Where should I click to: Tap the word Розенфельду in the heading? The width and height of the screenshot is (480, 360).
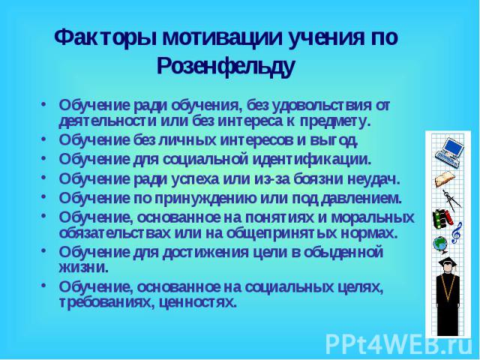click(226, 67)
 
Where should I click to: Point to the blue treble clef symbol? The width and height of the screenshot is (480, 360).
click(456, 233)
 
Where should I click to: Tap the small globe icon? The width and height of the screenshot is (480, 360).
click(440, 246)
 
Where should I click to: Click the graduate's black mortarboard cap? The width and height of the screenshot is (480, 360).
click(447, 262)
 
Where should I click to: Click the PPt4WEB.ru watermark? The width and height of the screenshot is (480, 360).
click(398, 344)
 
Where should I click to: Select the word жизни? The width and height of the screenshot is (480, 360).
click(83, 268)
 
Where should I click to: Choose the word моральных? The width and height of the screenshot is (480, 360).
click(373, 217)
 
